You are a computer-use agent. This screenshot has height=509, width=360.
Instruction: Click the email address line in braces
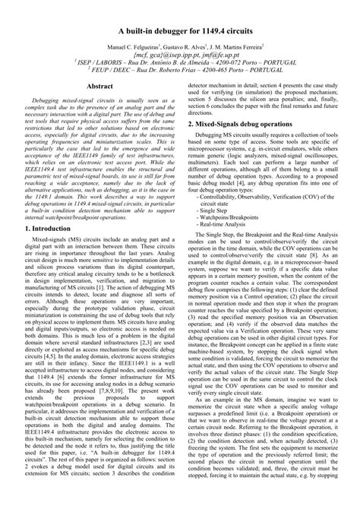coord(179,55)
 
